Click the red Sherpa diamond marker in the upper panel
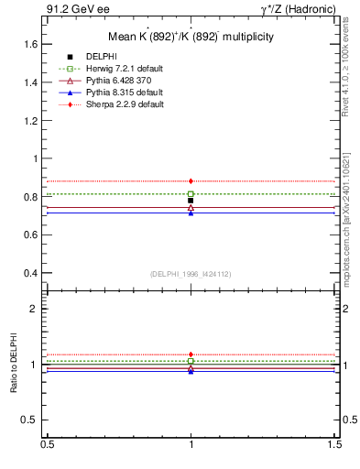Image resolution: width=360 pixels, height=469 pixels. pyautogui.click(x=191, y=181)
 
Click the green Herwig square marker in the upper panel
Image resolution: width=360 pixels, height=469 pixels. pyautogui.click(x=191, y=194)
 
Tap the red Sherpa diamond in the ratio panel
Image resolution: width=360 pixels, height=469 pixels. pyautogui.click(x=191, y=354)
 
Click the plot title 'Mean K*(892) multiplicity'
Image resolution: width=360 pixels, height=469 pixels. pyautogui.click(x=190, y=38)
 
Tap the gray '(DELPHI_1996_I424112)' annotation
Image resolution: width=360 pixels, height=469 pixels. pyautogui.click(x=190, y=273)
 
